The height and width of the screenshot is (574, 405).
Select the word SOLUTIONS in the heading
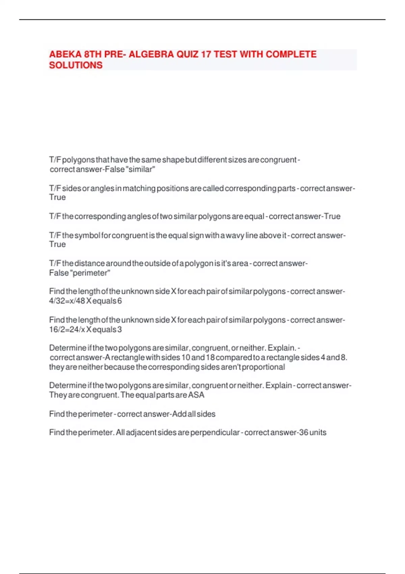[76, 65]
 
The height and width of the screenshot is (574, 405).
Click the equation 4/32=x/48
[67, 301]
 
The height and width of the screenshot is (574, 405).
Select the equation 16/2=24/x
[67, 330]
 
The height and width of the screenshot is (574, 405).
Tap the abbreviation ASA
[196, 395]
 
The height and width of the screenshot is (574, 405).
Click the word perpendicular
[215, 433]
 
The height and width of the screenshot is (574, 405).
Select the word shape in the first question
[173, 160]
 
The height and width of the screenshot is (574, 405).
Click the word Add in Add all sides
[178, 414]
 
